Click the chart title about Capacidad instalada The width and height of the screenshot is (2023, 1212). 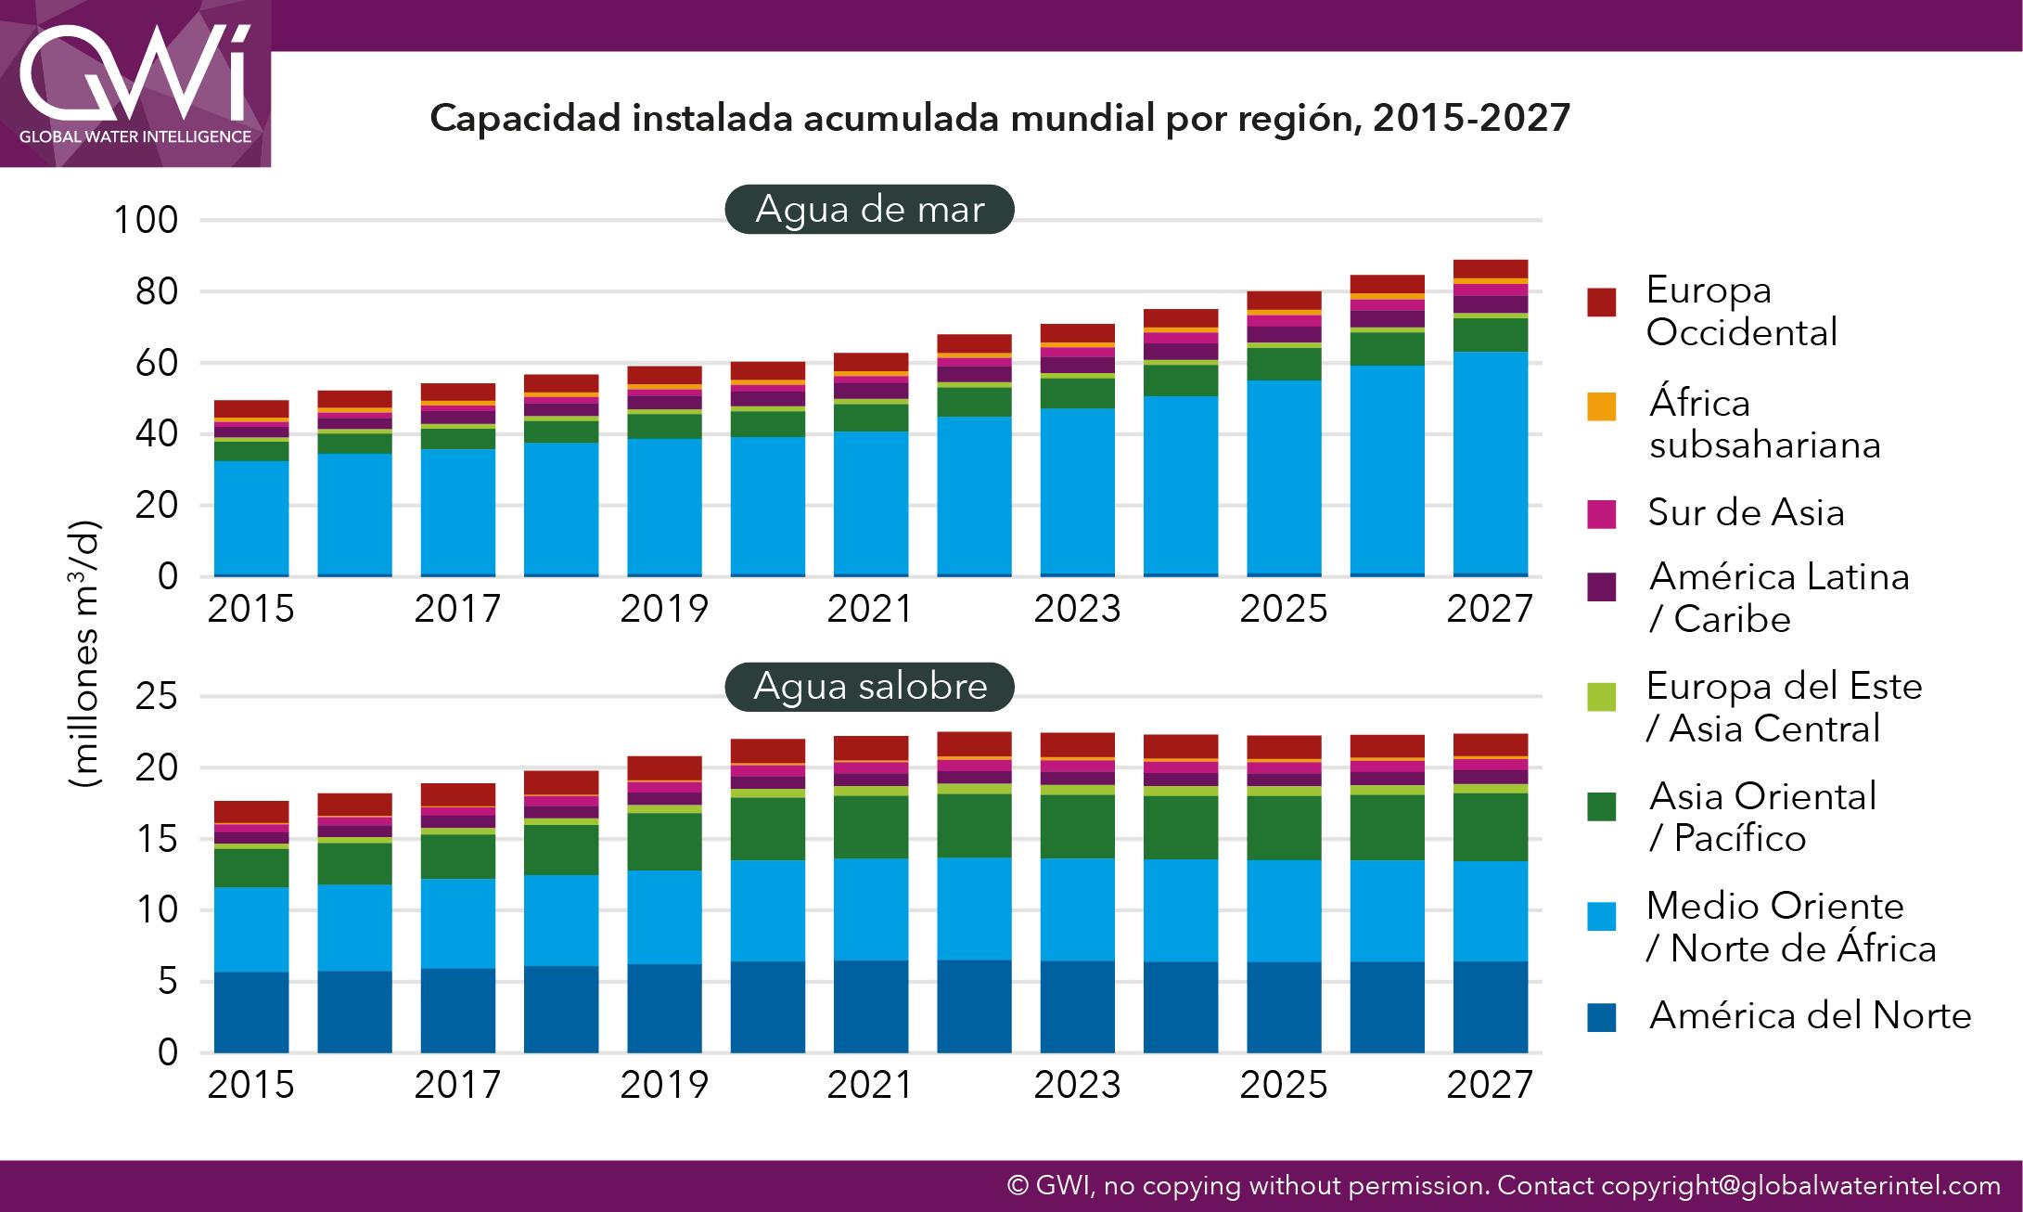pyautogui.click(x=999, y=119)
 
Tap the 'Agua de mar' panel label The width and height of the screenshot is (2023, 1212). pyautogui.click(x=869, y=209)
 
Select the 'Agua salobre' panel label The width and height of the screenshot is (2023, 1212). pyautogui.click(x=869, y=687)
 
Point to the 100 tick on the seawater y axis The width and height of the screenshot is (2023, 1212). pyautogui.click(x=145, y=221)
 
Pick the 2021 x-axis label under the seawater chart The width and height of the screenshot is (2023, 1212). pyautogui.click(x=870, y=609)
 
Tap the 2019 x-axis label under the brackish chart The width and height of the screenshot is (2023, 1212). pyautogui.click(x=663, y=1085)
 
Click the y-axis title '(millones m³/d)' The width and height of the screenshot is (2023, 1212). pyautogui.click(x=84, y=655)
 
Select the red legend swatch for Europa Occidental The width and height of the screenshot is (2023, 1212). pyautogui.click(x=1601, y=303)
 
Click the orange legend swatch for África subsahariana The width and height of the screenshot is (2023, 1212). pyautogui.click(x=1601, y=406)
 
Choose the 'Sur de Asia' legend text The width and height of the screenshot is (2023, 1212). pyautogui.click(x=1746, y=512)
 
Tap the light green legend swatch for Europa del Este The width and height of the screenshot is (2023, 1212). pyautogui.click(x=1601, y=696)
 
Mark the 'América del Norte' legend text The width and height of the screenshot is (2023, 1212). pyautogui.click(x=1810, y=1016)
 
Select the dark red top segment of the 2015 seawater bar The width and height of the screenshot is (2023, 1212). pyautogui.click(x=251, y=408)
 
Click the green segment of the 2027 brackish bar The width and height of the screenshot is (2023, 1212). pyautogui.click(x=1490, y=827)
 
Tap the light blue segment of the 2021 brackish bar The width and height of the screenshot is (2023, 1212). pyautogui.click(x=870, y=909)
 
